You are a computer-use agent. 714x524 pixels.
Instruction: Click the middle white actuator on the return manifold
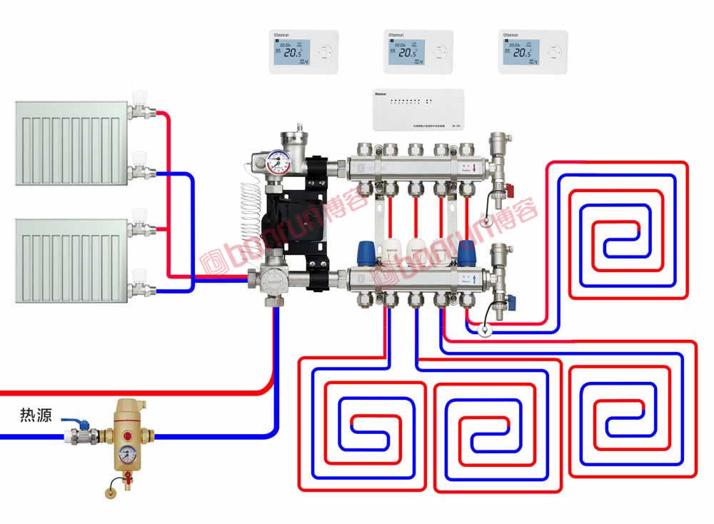pyautogui.click(x=416, y=250)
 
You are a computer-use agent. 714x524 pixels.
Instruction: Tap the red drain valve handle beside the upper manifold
pyautogui.click(x=508, y=191)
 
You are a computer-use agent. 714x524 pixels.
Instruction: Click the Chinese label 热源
pyautogui.click(x=35, y=415)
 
